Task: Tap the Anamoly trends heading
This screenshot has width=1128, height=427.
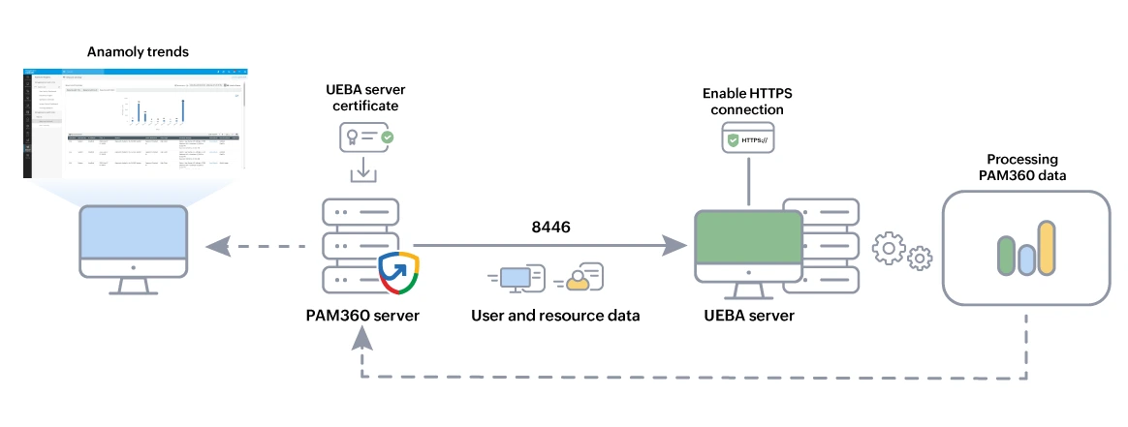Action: click(x=138, y=50)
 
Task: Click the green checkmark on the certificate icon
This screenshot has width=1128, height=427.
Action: click(x=387, y=138)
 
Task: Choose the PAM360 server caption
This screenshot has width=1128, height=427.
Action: click(x=362, y=315)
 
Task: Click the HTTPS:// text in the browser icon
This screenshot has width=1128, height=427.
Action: click(x=756, y=140)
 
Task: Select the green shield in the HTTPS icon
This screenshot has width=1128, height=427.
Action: click(x=734, y=141)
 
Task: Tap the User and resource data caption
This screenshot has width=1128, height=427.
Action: click(x=555, y=315)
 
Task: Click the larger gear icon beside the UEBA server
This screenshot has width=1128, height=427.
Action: click(x=890, y=249)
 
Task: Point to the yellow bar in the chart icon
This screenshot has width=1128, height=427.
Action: click(x=1047, y=248)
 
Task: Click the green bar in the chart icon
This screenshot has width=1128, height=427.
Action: click(x=1006, y=255)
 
